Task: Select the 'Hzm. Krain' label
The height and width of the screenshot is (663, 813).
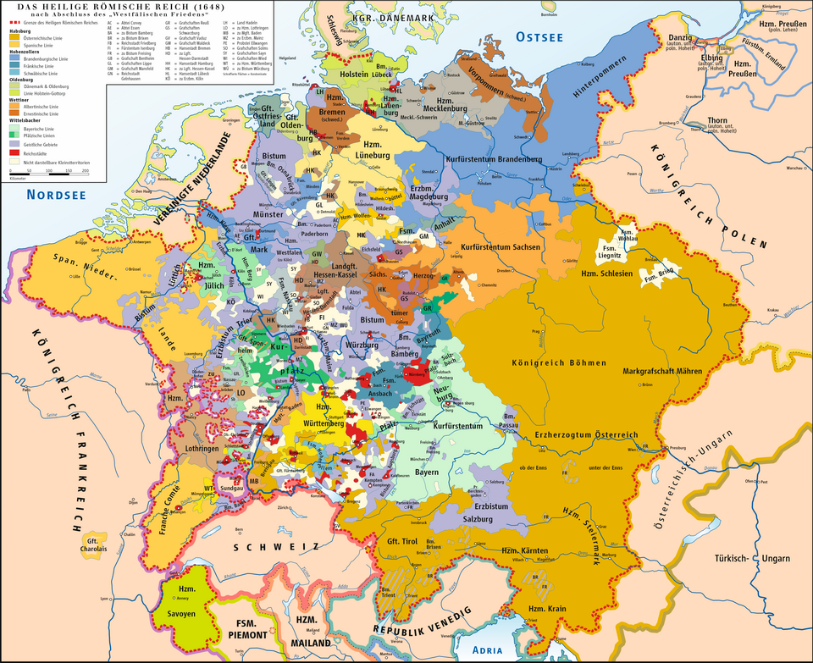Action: click(x=546, y=610)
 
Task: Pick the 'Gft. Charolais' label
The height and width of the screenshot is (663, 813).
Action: click(x=93, y=543)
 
